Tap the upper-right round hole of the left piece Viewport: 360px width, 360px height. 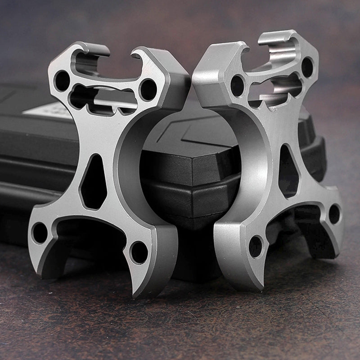tap(148, 90)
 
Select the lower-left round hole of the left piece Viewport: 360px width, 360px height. tap(40, 232)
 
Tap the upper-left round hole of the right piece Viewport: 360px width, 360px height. tap(237, 85)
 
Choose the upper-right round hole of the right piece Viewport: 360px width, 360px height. tap(307, 67)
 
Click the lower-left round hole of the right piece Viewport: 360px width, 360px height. tap(256, 247)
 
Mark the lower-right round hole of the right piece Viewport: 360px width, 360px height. tap(334, 214)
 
